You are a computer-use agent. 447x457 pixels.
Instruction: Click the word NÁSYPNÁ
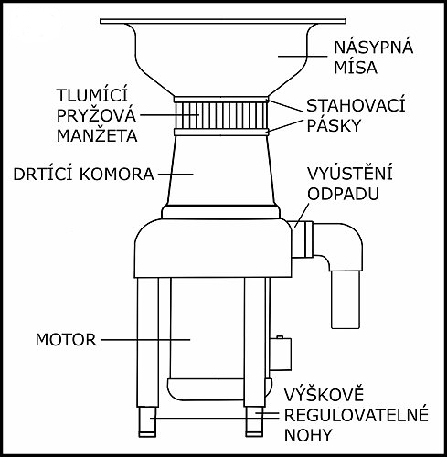click(x=374, y=47)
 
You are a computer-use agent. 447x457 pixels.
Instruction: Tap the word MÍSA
click(x=356, y=68)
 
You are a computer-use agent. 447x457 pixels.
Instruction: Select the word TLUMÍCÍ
click(x=92, y=95)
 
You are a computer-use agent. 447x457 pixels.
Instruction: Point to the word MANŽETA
click(x=97, y=135)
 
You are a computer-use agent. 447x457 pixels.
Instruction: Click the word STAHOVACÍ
click(x=356, y=105)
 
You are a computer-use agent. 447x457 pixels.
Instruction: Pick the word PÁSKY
click(x=334, y=125)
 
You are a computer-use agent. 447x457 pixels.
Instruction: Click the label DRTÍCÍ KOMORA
click(x=83, y=174)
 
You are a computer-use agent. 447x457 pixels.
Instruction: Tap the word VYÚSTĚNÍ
click(x=349, y=173)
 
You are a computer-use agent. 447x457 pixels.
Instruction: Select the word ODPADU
click(x=343, y=194)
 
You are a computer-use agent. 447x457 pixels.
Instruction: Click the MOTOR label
click(x=66, y=339)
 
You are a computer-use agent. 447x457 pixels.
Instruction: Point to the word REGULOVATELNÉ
click(x=357, y=415)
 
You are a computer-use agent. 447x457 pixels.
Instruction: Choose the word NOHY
click(x=308, y=435)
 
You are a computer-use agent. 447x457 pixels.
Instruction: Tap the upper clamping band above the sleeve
click(x=221, y=100)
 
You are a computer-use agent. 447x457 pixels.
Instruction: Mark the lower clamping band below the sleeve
click(x=221, y=132)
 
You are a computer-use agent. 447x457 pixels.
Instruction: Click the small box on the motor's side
click(x=281, y=354)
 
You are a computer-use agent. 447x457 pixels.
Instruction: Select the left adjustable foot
click(x=147, y=422)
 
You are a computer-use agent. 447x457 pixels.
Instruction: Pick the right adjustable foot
click(x=254, y=422)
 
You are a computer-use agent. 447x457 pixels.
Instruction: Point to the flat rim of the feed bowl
click(x=223, y=21)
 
